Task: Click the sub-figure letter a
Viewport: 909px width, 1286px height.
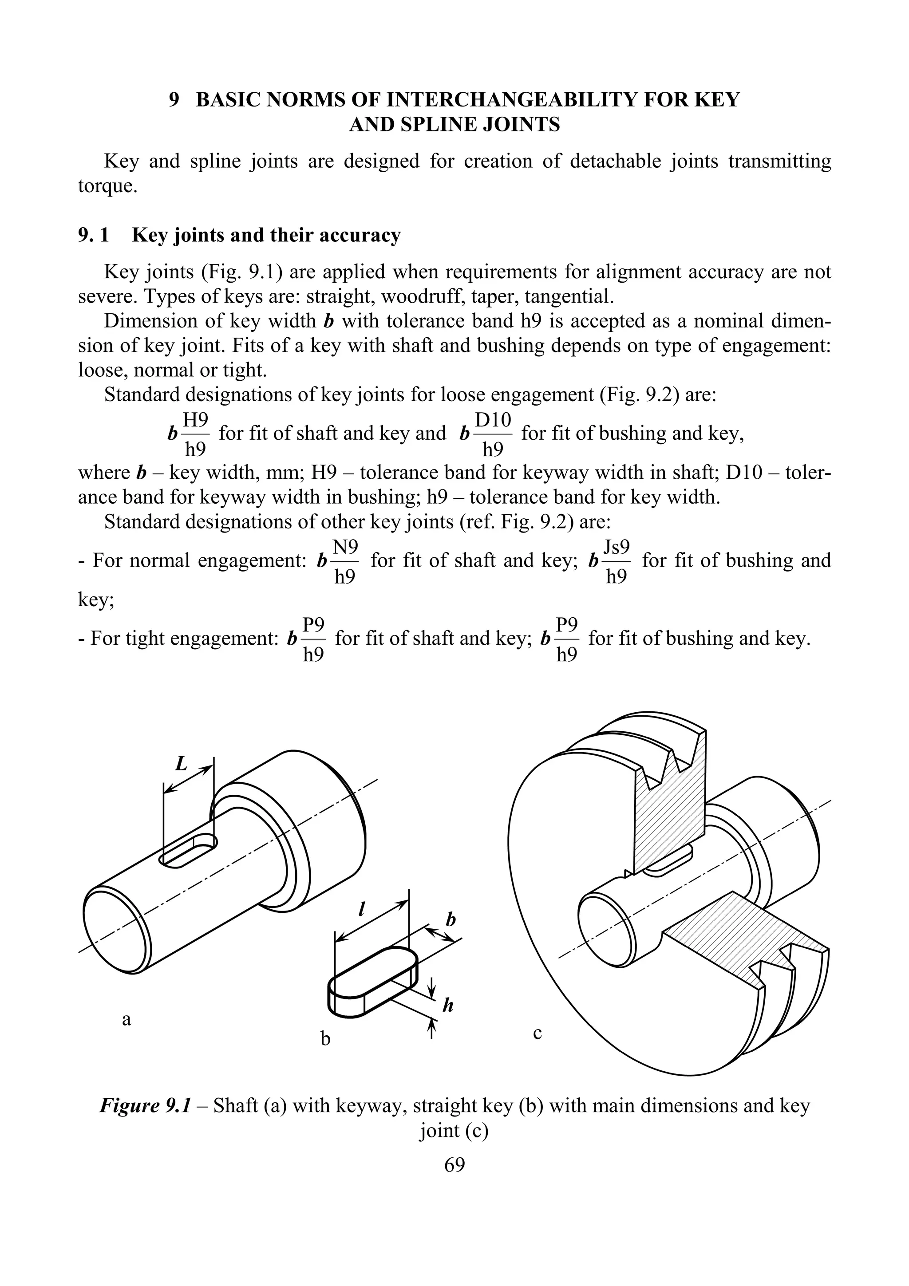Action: (x=126, y=1020)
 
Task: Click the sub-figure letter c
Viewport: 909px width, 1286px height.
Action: (x=537, y=1033)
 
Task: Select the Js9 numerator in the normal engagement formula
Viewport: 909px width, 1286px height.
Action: (x=617, y=547)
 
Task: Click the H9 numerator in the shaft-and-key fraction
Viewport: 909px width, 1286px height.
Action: (x=196, y=420)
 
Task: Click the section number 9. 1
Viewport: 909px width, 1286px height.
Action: (x=94, y=235)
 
